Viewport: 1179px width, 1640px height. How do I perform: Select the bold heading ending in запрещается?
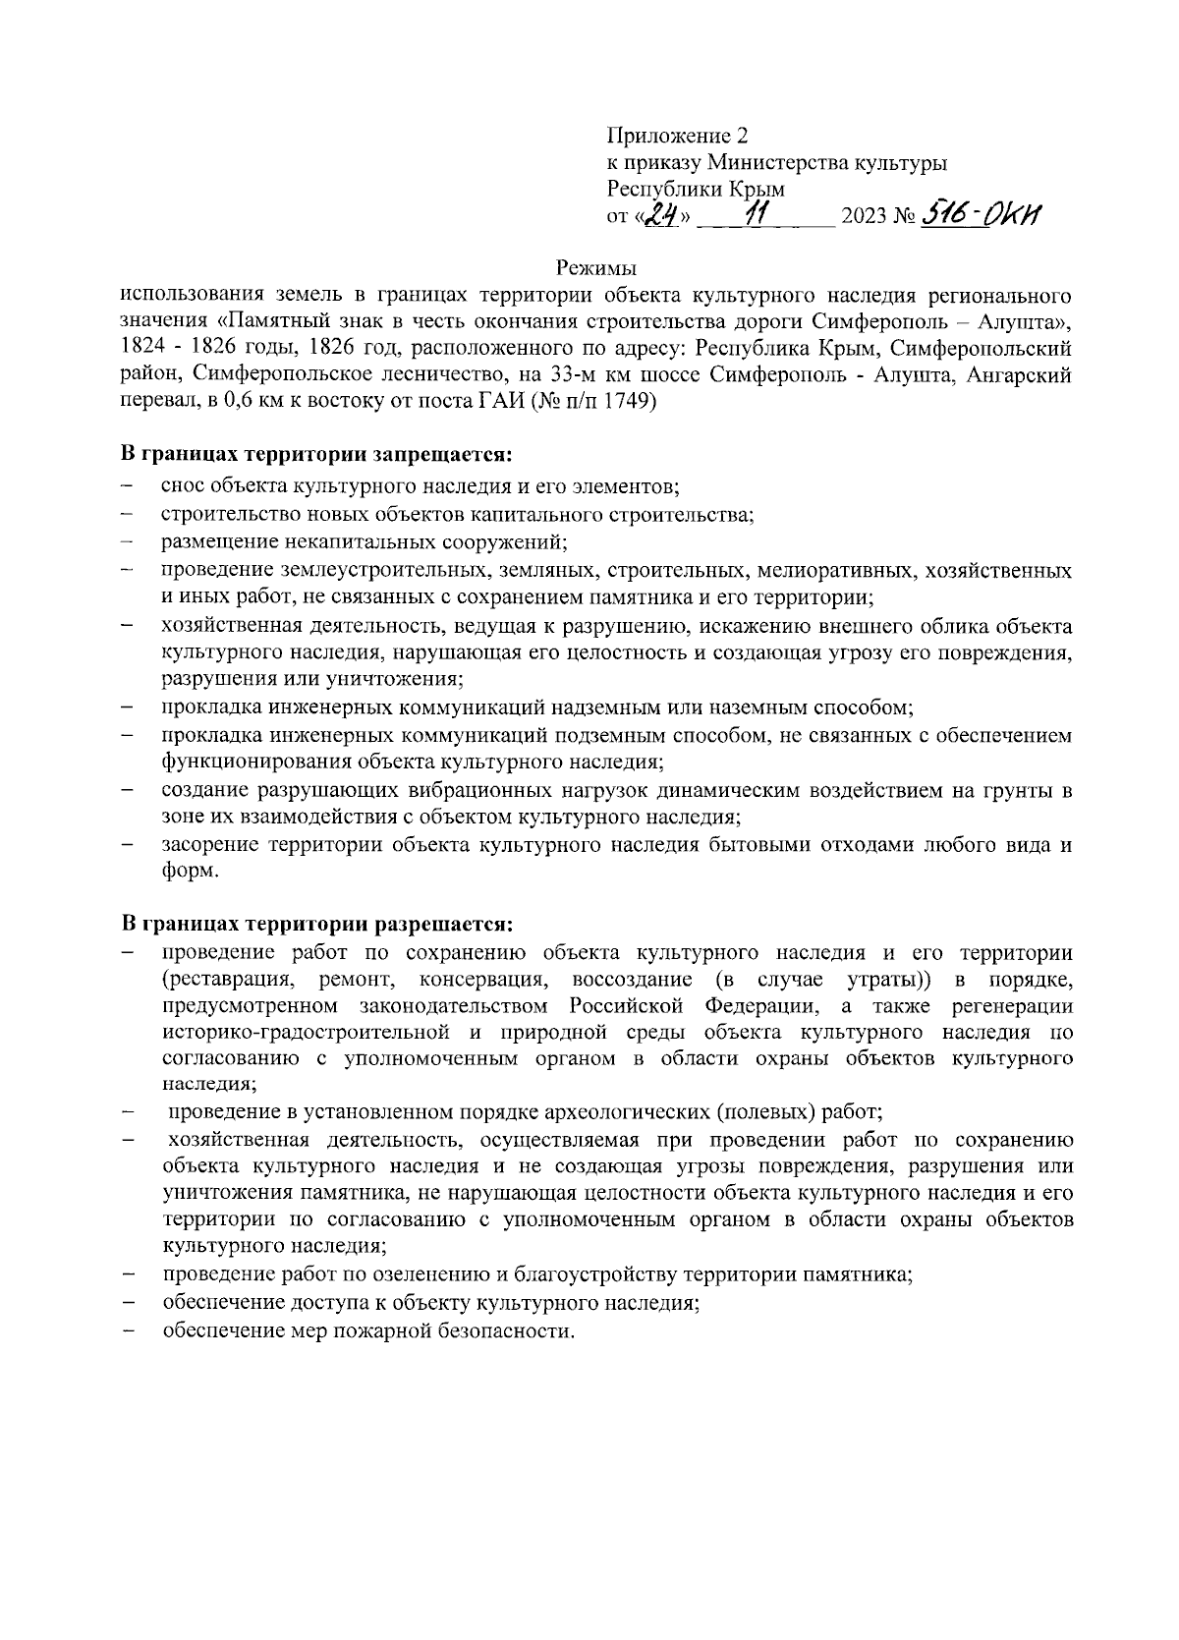coord(317,456)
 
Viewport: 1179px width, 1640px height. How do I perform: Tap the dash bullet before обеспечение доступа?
coord(128,1304)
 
